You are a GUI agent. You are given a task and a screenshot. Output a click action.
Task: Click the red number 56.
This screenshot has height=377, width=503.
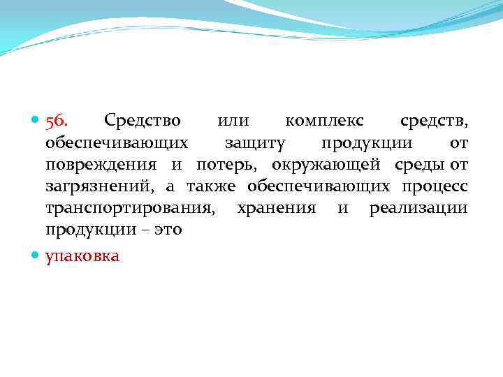[57, 121]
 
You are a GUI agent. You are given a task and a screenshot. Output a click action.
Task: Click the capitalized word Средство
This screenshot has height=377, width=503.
[142, 121]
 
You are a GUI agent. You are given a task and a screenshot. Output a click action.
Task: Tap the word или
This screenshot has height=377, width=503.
[233, 121]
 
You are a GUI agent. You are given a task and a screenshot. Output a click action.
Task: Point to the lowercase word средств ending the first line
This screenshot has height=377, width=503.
[433, 121]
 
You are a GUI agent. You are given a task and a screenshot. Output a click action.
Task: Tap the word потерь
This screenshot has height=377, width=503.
[226, 165]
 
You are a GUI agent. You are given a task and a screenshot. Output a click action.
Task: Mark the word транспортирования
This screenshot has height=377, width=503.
[130, 209]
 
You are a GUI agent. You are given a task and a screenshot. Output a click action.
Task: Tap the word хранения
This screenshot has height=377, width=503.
[276, 209]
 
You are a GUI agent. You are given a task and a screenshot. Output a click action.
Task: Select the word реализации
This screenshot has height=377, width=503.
[418, 209]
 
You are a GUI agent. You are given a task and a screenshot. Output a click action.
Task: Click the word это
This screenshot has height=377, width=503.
[167, 230]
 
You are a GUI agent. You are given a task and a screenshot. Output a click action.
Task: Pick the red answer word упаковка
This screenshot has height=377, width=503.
[82, 257]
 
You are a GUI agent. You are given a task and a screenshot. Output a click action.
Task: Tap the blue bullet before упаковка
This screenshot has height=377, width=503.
[36, 257]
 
